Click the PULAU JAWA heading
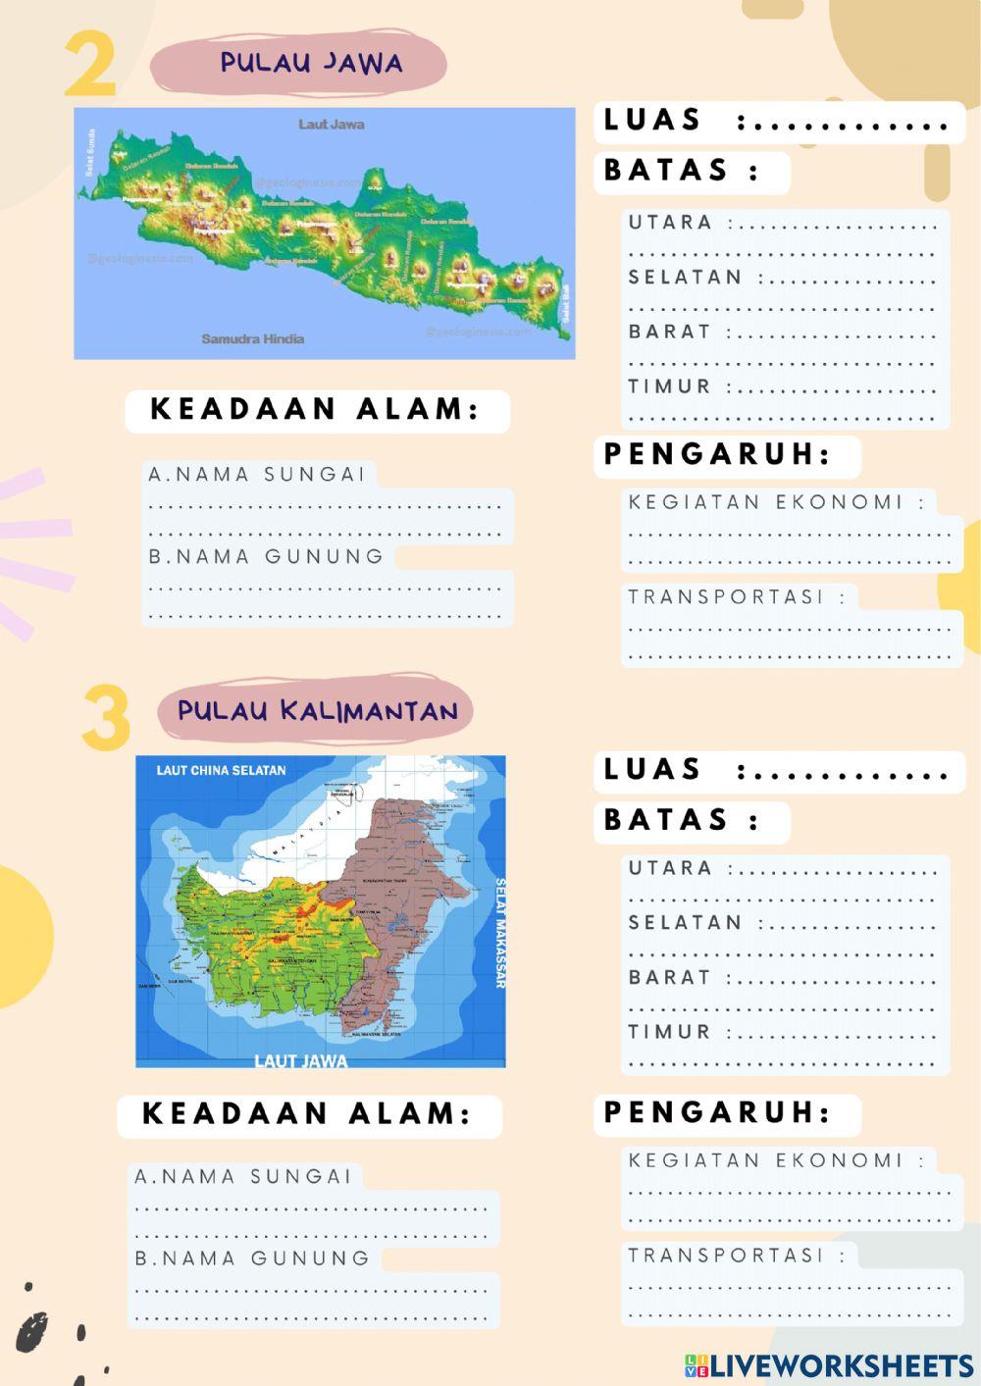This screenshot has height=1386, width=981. (x=311, y=63)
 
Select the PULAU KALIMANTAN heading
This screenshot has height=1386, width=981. (x=318, y=710)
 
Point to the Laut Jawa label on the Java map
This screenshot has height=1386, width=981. (x=332, y=125)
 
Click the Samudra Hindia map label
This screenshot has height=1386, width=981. (x=253, y=339)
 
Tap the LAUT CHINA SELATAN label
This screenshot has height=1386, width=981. (x=221, y=770)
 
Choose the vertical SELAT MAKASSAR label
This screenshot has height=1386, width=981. (x=499, y=932)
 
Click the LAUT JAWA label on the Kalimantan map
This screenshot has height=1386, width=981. (x=300, y=1060)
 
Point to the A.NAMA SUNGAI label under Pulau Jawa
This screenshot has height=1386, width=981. (x=257, y=475)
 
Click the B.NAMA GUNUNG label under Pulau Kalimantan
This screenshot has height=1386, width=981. (x=252, y=1258)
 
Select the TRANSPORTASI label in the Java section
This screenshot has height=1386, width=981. (x=726, y=596)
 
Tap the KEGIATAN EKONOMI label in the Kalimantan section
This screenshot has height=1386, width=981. (x=765, y=1160)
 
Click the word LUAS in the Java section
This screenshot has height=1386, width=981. (x=652, y=120)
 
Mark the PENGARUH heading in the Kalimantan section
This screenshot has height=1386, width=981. (x=717, y=1112)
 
